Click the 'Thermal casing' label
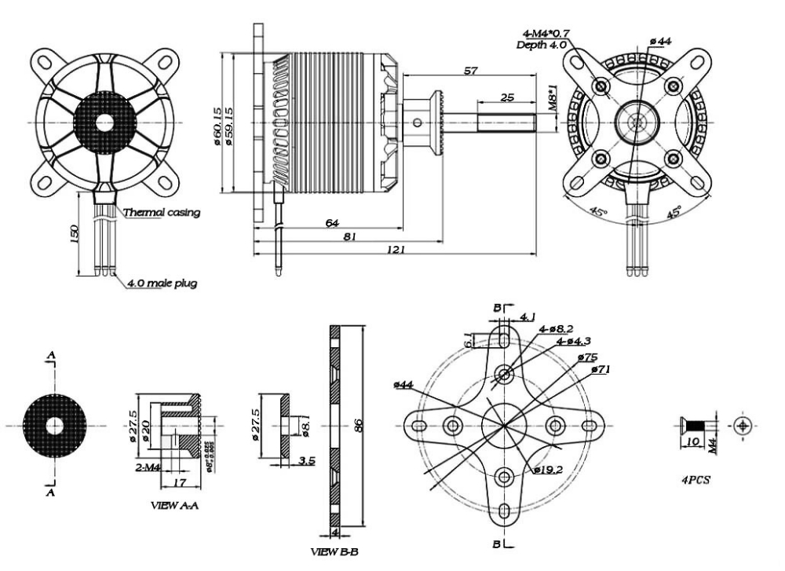[162, 213]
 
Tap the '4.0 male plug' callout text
[162, 283]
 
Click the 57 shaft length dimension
[470, 71]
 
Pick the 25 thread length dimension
[506, 97]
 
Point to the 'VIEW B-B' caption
[334, 552]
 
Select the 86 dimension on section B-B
[359, 426]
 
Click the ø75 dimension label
[588, 357]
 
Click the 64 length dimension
[332, 223]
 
